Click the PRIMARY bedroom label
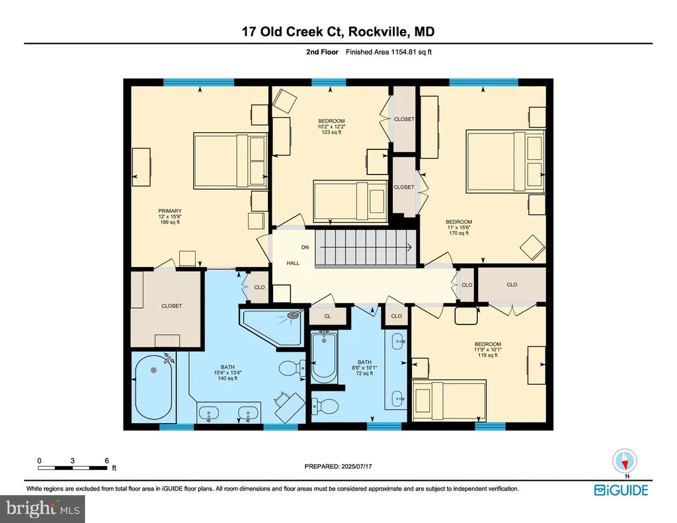(x=170, y=211)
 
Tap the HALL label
(x=293, y=263)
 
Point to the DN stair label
(x=305, y=247)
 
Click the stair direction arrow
(x=365, y=247)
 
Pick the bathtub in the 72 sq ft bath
(x=324, y=357)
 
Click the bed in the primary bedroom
(x=230, y=160)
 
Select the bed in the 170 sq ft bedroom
(x=505, y=161)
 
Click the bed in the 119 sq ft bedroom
(x=449, y=400)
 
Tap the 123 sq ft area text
(x=332, y=133)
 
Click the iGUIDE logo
(x=621, y=490)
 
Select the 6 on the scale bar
(x=106, y=461)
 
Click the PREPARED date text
(x=338, y=466)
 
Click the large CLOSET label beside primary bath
(x=171, y=305)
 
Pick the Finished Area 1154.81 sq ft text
(x=389, y=52)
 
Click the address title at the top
(x=338, y=32)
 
